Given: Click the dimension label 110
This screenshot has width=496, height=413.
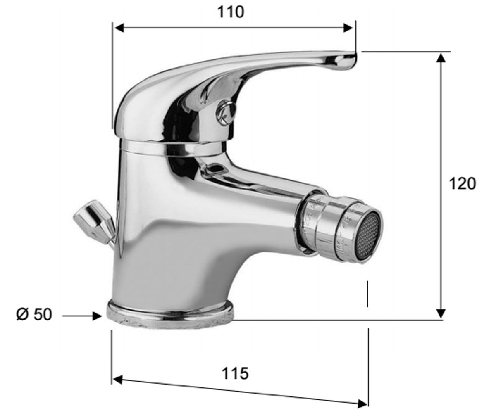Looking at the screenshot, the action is [231, 12].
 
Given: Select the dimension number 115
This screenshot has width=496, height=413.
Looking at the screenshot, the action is [236, 373].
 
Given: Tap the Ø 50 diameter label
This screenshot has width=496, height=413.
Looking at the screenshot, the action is [34, 314].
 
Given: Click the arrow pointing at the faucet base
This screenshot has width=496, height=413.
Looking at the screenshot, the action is [82, 316].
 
